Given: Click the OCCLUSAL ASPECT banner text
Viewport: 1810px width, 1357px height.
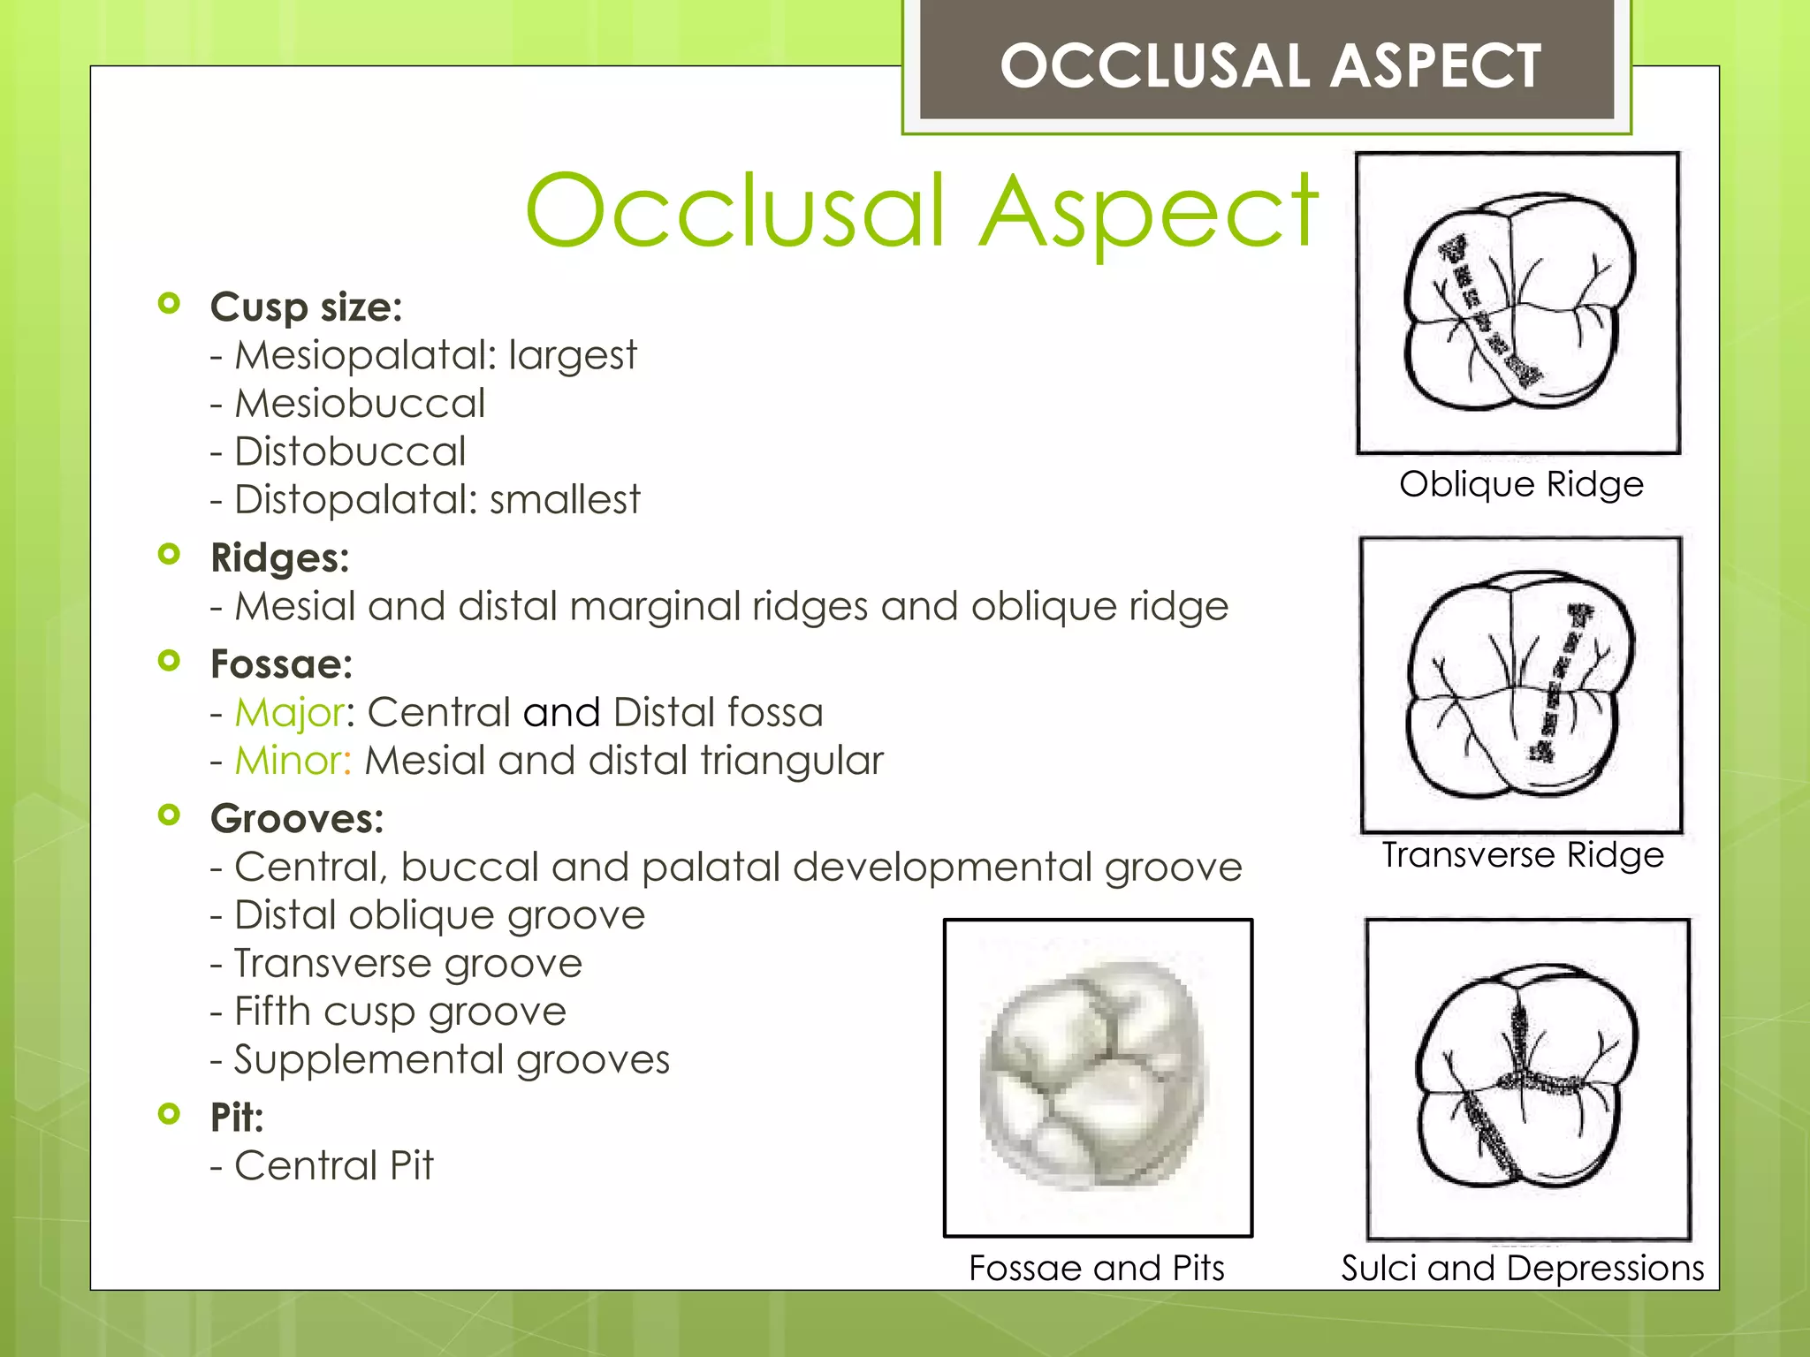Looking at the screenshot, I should pos(1270,66).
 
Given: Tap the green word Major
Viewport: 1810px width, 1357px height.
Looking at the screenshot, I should pos(289,712).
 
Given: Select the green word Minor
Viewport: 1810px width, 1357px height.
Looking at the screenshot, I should pos(293,761).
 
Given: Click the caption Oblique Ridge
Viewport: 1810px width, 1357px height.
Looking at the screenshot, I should pos(1521,484).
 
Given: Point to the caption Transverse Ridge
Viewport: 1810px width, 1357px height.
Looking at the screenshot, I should pos(1522,855).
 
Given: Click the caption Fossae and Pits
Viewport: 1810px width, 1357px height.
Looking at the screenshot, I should pos(1097,1268).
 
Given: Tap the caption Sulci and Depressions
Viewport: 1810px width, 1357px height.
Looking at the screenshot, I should pos(1522,1268).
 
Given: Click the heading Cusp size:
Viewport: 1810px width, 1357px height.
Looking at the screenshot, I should pos(306,307).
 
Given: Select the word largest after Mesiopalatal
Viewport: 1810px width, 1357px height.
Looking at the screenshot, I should pos(572,356).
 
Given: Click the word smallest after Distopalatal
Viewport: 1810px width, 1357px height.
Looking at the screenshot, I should pos(564,500).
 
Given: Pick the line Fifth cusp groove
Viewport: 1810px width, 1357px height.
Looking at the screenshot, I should pos(399,1012).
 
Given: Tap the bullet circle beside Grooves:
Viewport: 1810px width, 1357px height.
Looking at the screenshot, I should pos(169,815).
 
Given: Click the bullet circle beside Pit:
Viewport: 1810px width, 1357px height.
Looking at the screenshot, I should pos(169,1113).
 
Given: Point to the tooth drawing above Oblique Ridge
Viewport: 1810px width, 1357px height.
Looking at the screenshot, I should pos(1517,302).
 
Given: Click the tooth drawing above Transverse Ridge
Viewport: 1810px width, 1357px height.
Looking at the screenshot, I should pos(1520,685).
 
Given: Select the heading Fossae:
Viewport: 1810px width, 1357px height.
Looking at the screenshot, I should pos(281,664).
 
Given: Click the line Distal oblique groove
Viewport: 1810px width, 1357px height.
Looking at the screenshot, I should pos(439,915).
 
